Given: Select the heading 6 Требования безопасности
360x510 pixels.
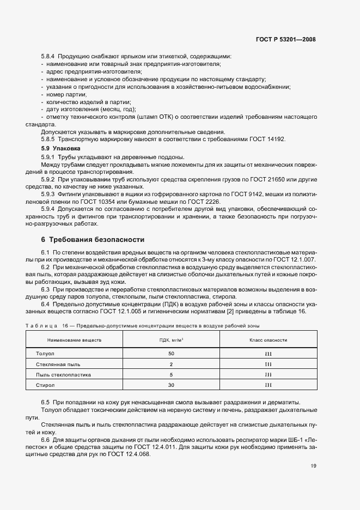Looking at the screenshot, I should (x=93, y=240).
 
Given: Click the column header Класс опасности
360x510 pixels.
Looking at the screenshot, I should (x=268, y=340).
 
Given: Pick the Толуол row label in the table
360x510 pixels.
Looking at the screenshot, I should (x=45, y=354).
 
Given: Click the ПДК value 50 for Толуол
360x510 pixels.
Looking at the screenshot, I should (x=171, y=354).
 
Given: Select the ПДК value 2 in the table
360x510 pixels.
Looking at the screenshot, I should (x=171, y=364).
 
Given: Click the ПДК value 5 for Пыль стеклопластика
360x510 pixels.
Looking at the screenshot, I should (x=171, y=375).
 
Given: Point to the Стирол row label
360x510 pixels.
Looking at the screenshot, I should (x=45, y=385).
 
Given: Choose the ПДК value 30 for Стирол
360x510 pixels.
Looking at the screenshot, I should (x=171, y=385).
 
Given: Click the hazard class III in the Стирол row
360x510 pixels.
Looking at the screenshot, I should (x=268, y=385).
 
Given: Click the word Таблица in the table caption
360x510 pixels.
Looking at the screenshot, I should (x=41, y=326).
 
